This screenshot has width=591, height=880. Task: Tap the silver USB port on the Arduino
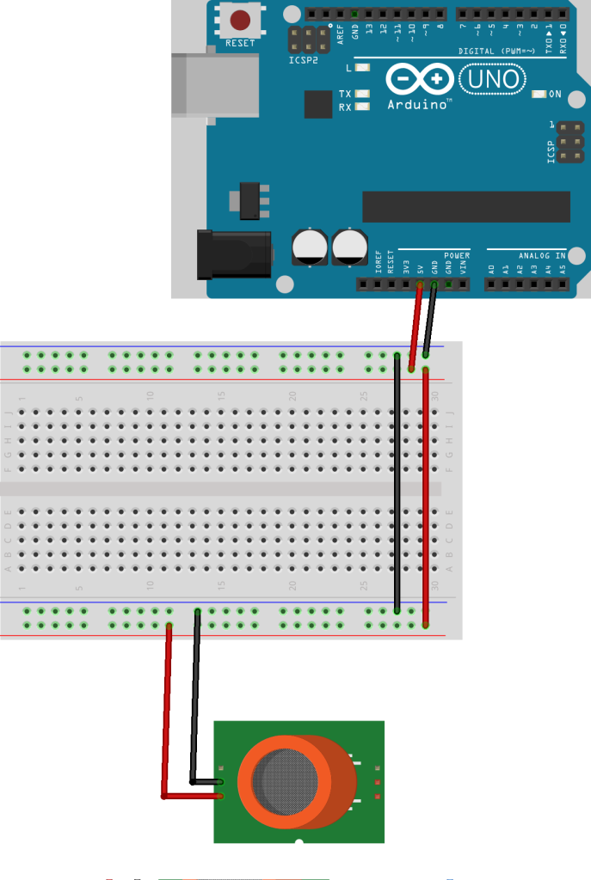(x=215, y=85)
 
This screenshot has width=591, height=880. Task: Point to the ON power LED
(x=540, y=94)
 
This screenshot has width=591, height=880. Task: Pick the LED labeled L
(x=361, y=67)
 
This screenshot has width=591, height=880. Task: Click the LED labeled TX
(x=362, y=94)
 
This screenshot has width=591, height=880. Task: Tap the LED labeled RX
(x=362, y=107)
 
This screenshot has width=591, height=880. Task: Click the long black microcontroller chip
(x=465, y=206)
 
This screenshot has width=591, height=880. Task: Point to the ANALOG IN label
(x=542, y=256)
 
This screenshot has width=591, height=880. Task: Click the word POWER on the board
(x=457, y=256)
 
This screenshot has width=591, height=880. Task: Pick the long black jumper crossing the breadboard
(x=397, y=481)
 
